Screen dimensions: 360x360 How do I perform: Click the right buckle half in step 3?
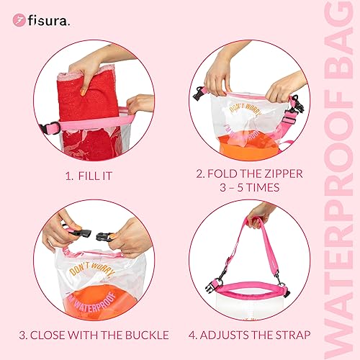point(106,236)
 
